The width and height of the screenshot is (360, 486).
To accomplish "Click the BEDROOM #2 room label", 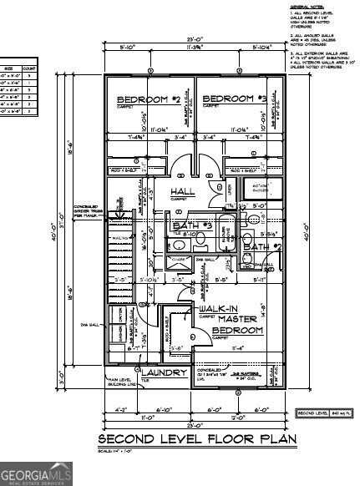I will click(149, 99).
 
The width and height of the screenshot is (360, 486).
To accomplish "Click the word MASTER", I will click(219, 319).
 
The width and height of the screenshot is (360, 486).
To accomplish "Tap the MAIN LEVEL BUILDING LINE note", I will click(123, 382).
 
